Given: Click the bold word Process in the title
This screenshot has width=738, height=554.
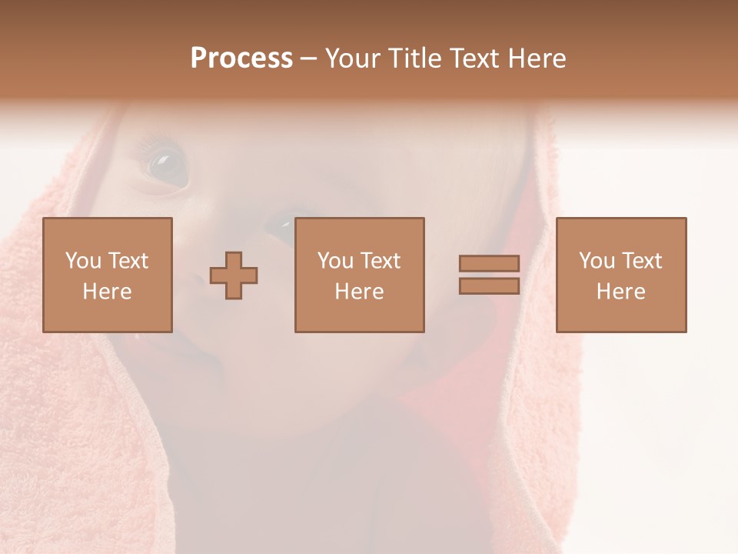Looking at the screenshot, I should tap(241, 58).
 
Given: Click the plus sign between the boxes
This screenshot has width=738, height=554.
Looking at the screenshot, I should tap(234, 275).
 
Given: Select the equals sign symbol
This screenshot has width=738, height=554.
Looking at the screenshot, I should tap(489, 275).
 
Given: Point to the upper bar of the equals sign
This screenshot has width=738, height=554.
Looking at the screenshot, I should tap(489, 263).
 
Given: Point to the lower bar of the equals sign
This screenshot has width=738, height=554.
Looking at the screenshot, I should tap(489, 286).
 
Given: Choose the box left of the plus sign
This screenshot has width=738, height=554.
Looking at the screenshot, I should tap(108, 275).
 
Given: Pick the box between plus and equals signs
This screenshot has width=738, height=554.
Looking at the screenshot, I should tap(359, 275).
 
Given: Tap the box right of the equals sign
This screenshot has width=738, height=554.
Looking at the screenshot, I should tap(621, 275).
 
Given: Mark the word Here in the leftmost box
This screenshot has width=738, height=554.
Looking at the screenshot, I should tap(108, 292).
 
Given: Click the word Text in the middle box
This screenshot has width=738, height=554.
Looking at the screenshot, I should tap(381, 261).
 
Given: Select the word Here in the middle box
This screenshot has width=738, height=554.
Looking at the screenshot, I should tap(359, 292).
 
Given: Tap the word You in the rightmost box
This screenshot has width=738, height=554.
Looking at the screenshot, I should tap(597, 261).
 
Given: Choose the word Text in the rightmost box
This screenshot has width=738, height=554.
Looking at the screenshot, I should tap(642, 261).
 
